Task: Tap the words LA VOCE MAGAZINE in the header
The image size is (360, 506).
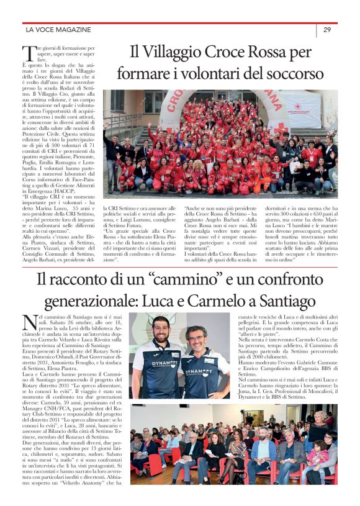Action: point(58,29)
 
